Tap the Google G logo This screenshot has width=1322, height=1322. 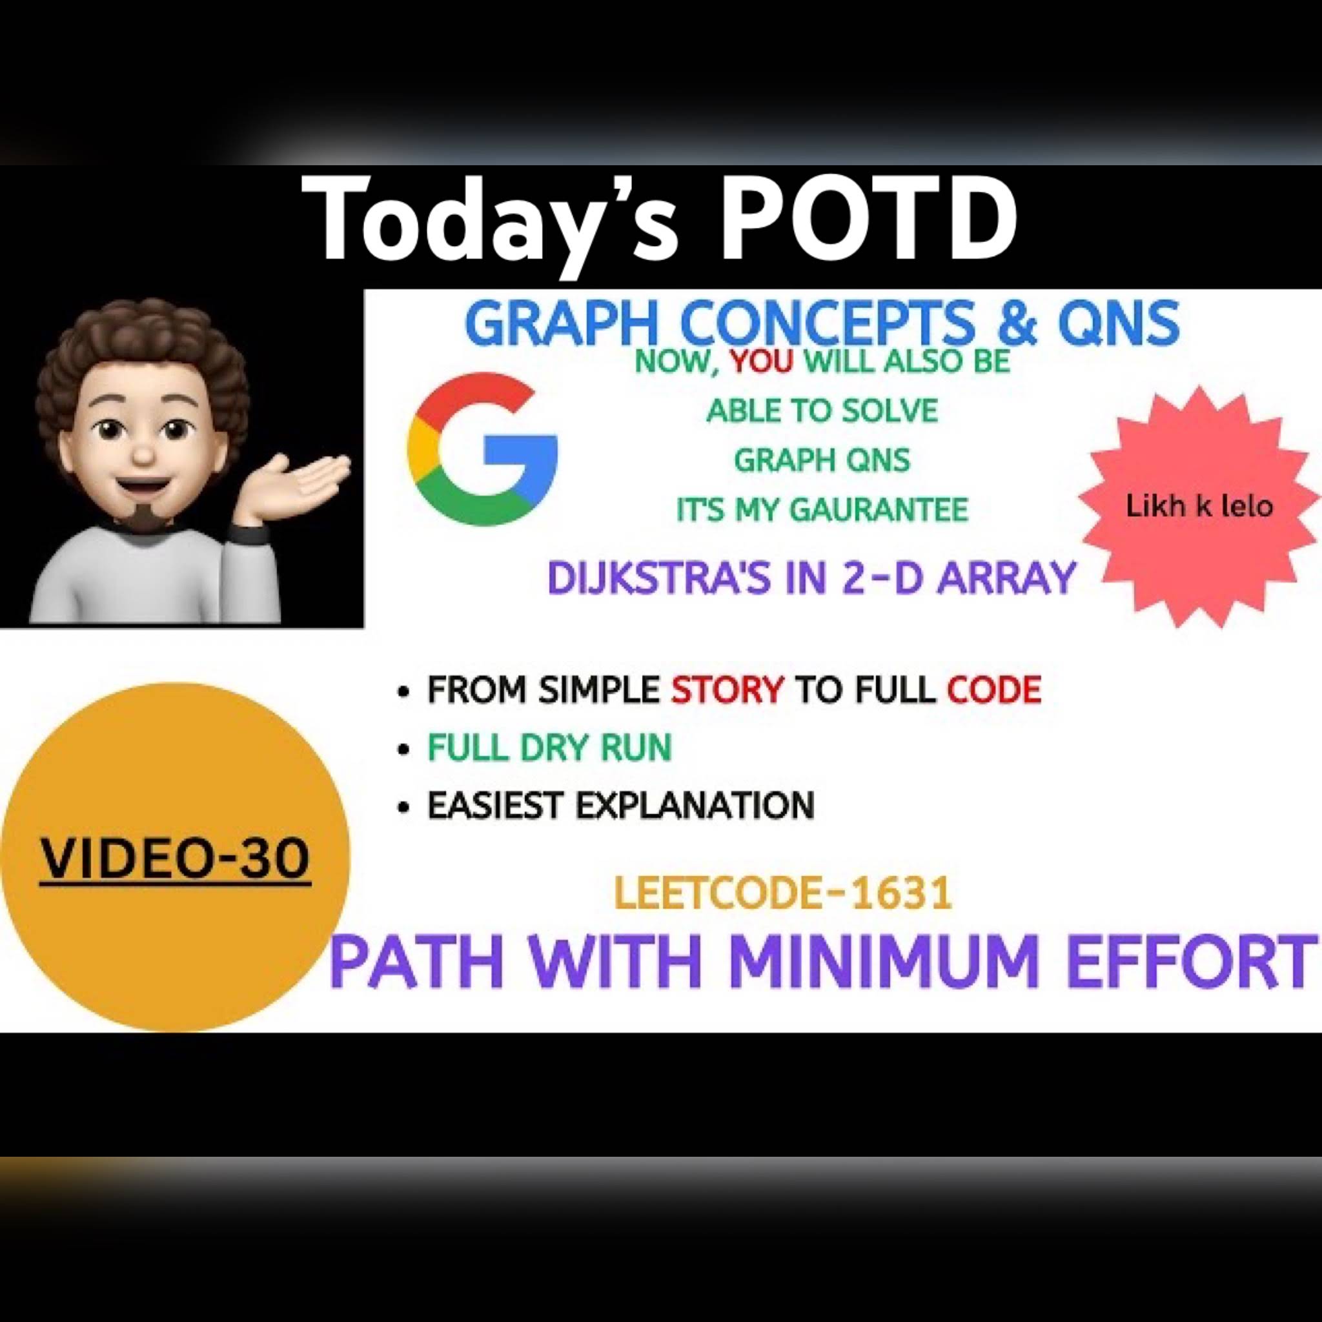click(x=482, y=449)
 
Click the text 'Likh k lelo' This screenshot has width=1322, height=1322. click(x=1199, y=507)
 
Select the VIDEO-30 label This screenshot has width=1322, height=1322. click(x=174, y=859)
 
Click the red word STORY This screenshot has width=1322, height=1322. click(x=727, y=690)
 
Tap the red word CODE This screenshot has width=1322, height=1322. click(x=994, y=690)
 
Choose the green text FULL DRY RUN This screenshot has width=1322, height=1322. click(x=549, y=747)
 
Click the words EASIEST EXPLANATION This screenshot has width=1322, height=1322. click(x=620, y=805)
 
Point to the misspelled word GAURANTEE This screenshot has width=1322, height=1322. click(x=879, y=509)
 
